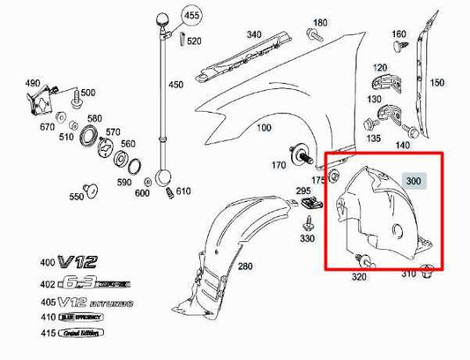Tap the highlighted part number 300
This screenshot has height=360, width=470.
click(x=414, y=180)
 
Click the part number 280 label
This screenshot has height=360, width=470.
click(x=244, y=266)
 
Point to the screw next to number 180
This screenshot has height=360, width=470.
click(x=313, y=35)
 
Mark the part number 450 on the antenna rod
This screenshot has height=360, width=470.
click(x=176, y=85)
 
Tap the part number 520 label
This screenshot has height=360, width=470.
click(x=193, y=41)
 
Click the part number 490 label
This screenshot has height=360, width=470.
click(x=32, y=84)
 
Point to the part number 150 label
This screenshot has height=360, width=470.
click(x=436, y=83)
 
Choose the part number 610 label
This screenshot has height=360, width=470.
click(x=183, y=191)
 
